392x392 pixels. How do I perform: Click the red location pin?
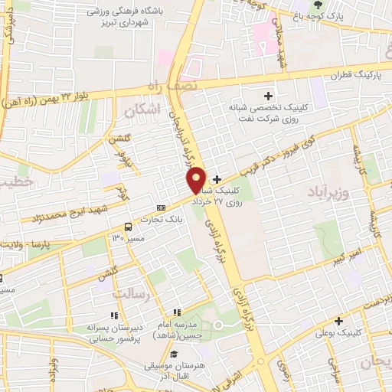point(197,179)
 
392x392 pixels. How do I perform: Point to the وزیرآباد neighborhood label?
point(328,189)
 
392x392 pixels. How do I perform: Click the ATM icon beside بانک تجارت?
point(161,207)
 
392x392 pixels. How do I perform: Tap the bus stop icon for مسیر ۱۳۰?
point(128,227)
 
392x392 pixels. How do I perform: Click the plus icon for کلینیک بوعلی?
point(338,320)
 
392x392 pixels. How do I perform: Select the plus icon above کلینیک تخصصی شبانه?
point(267,96)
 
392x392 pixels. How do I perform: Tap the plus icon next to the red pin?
point(217,178)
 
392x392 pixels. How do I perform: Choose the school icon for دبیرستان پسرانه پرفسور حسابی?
point(114,315)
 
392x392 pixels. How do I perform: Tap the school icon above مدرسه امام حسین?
point(177,312)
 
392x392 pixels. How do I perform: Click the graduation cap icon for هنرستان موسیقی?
point(176,354)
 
